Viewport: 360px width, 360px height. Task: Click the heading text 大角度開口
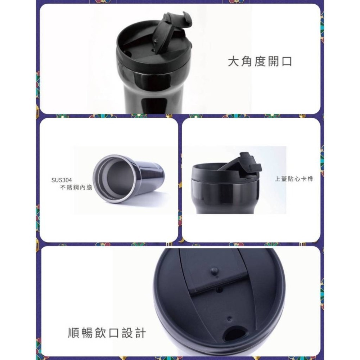pyautogui.click(x=260, y=62)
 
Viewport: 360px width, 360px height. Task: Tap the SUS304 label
pyautogui.click(x=62, y=180)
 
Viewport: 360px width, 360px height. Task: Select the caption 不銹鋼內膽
pyautogui.click(x=76, y=188)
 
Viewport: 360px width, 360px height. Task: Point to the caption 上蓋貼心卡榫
pyautogui.click(x=293, y=179)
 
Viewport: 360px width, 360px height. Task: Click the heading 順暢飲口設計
pyautogui.click(x=107, y=333)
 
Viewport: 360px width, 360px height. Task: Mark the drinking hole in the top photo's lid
pyautogui.click(x=128, y=53)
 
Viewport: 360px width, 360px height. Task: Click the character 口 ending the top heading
pyautogui.click(x=287, y=62)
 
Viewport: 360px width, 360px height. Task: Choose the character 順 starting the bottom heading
pyautogui.click(x=74, y=333)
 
